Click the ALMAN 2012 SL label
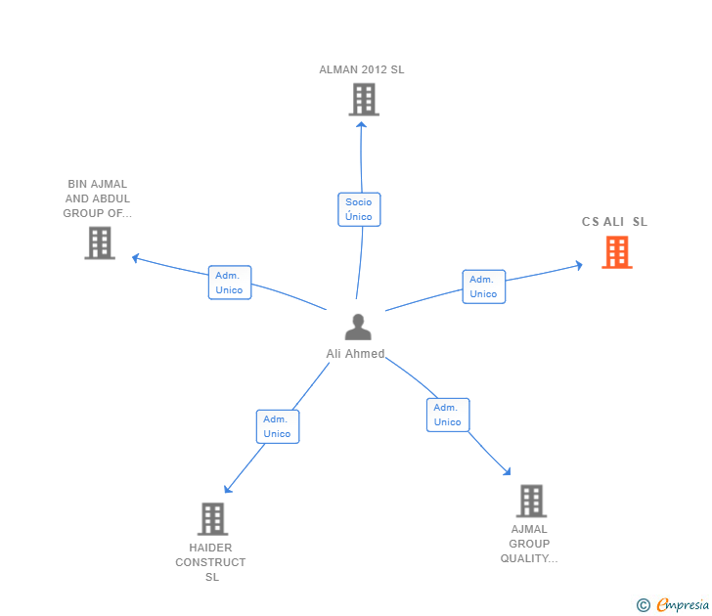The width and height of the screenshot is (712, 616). [x=361, y=69]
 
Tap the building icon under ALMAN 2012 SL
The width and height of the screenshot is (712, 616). [x=363, y=100]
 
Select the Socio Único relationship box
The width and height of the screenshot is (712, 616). [x=359, y=209]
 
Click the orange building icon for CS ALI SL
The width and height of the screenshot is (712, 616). [x=616, y=252]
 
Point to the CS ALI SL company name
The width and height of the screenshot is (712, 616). [x=614, y=222]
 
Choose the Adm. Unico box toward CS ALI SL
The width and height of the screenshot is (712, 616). [x=483, y=286]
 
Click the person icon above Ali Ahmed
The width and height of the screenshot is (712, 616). [x=358, y=327]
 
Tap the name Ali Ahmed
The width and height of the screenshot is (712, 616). [x=355, y=354]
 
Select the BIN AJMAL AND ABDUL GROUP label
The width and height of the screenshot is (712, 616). [x=98, y=198]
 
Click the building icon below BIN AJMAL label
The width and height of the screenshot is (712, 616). [x=100, y=242]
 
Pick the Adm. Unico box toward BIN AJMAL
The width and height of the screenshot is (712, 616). [x=229, y=283]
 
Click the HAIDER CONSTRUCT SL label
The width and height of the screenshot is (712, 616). [x=211, y=562]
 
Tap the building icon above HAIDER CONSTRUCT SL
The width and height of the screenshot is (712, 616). [x=212, y=518]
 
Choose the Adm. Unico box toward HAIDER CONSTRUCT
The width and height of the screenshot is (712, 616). [x=277, y=426]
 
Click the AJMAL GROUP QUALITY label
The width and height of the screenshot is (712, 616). [x=529, y=544]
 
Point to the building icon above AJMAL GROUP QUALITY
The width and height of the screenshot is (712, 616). [x=530, y=501]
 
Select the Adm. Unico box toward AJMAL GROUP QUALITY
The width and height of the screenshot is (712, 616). [x=447, y=415]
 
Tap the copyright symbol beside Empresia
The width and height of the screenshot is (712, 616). [x=644, y=606]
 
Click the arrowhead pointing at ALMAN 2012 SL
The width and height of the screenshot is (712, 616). [x=362, y=123]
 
